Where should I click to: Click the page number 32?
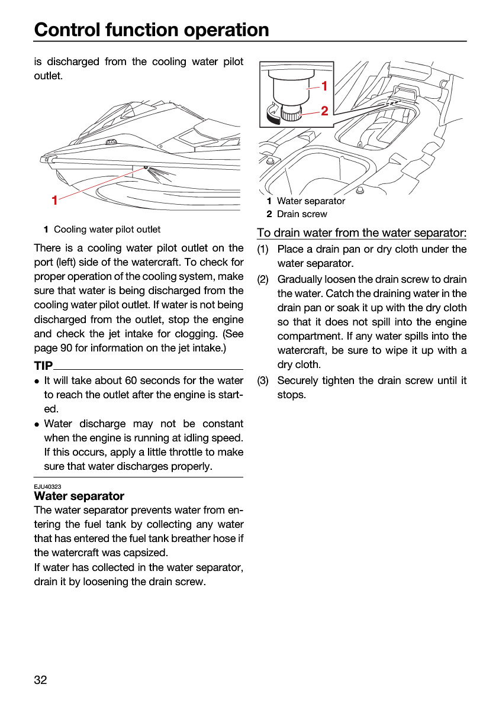(40, 680)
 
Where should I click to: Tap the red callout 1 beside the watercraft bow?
(54, 201)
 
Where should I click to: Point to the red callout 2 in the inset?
(324, 111)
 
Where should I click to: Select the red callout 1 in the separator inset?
(324, 86)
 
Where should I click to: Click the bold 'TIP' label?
(43, 366)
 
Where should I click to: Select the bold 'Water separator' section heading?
(79, 496)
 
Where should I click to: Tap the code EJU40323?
(47, 486)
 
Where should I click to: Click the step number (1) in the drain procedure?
(263, 249)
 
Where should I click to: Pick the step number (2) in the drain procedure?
(263, 279)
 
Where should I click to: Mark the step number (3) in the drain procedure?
(263, 380)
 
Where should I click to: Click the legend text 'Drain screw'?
(302, 214)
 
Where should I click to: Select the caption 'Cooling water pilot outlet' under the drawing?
(107, 229)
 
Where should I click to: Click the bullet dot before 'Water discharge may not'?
(37, 424)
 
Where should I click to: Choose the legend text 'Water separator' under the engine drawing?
(311, 201)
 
